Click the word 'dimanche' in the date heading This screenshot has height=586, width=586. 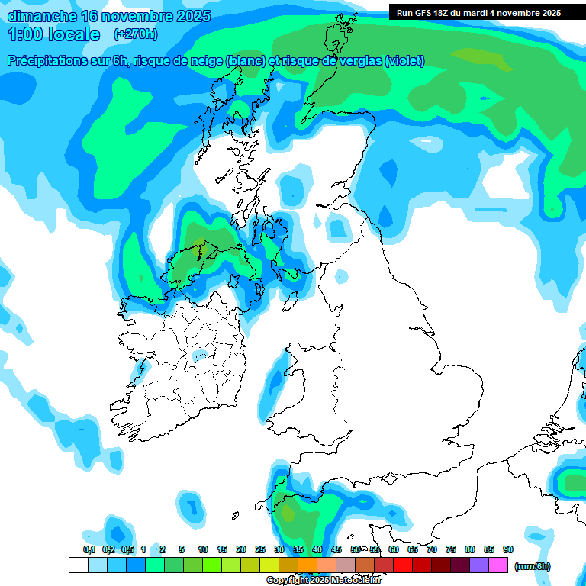coord(42,16)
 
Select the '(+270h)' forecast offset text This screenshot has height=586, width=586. coord(136,34)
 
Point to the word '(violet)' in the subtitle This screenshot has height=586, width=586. coord(404,61)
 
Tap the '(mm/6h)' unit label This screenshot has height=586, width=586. coord(532,566)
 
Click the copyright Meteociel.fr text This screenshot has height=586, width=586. coord(324,580)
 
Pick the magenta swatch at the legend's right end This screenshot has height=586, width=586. coord(498,565)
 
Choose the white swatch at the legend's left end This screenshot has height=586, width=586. coord(78,565)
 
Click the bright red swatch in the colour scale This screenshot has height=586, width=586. coord(403,565)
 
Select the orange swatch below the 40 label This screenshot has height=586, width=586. coord(307,565)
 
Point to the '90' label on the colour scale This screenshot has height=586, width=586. coord(507,549)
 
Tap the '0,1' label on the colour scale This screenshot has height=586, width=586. coord(89,549)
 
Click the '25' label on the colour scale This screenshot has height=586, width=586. coord(260,549)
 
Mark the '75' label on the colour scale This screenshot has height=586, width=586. coord(450,549)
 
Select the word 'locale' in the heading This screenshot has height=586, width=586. coord(75,34)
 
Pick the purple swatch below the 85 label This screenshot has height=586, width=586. coord(479,565)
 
